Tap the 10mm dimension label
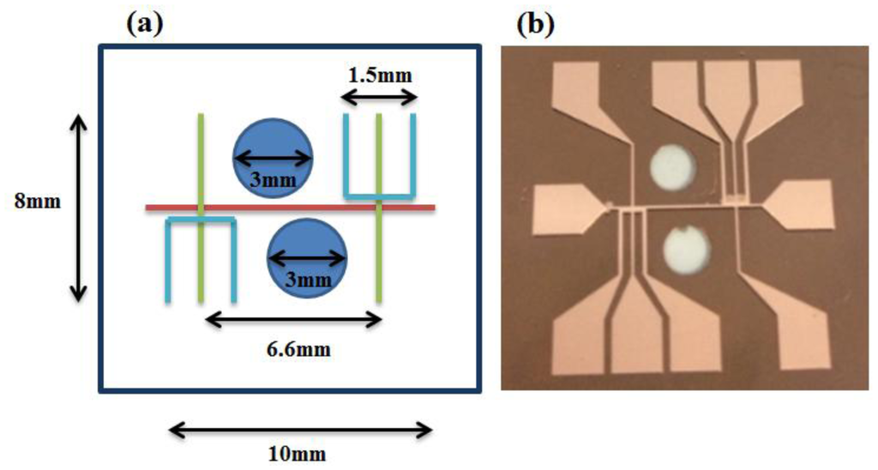point(300,452)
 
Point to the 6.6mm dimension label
point(296,349)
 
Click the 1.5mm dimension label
point(379,75)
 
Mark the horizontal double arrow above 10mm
point(300,428)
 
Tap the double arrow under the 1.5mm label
point(379,100)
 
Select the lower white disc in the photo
point(687,254)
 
